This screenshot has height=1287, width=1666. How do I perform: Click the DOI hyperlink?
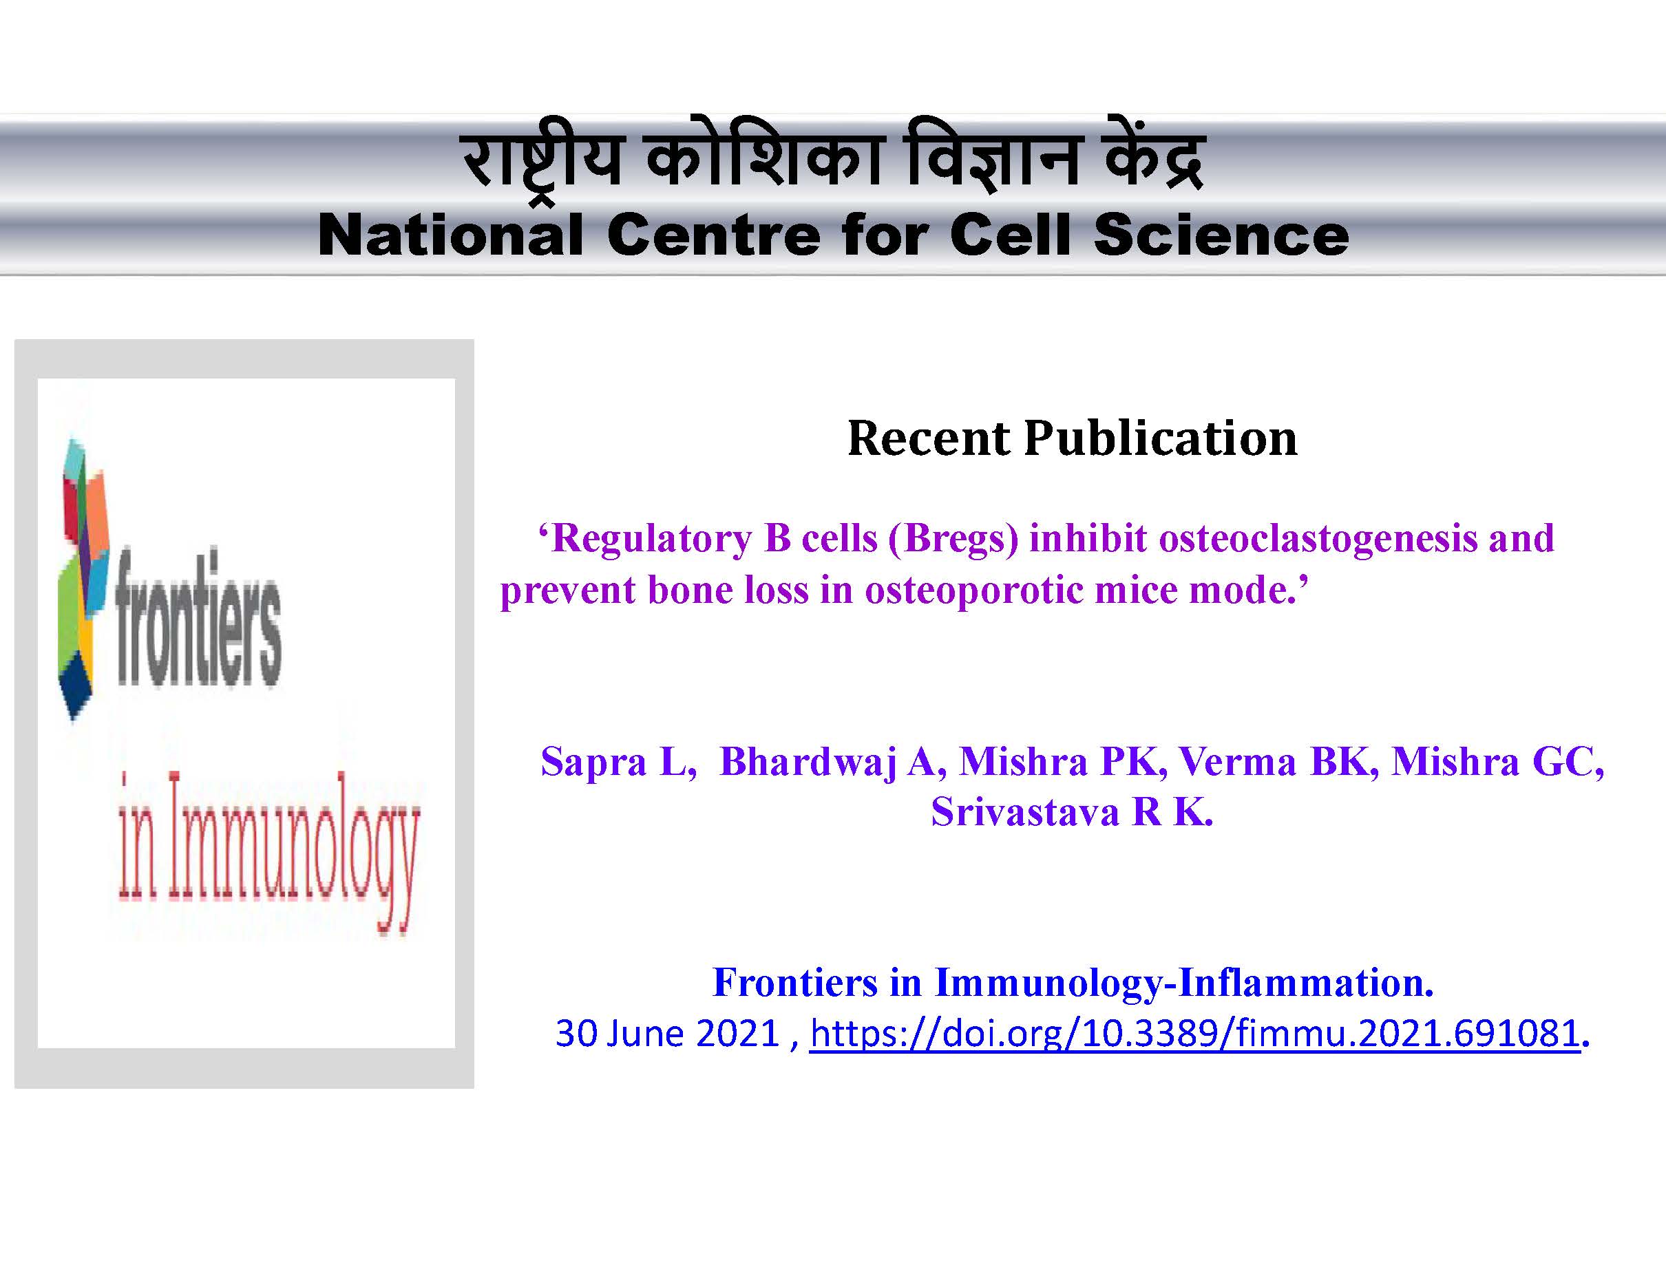point(1194,1034)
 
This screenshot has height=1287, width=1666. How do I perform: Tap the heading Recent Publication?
point(1072,438)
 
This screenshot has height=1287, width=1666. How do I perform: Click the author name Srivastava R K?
point(1072,812)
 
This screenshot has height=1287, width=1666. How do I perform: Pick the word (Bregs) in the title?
point(953,538)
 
